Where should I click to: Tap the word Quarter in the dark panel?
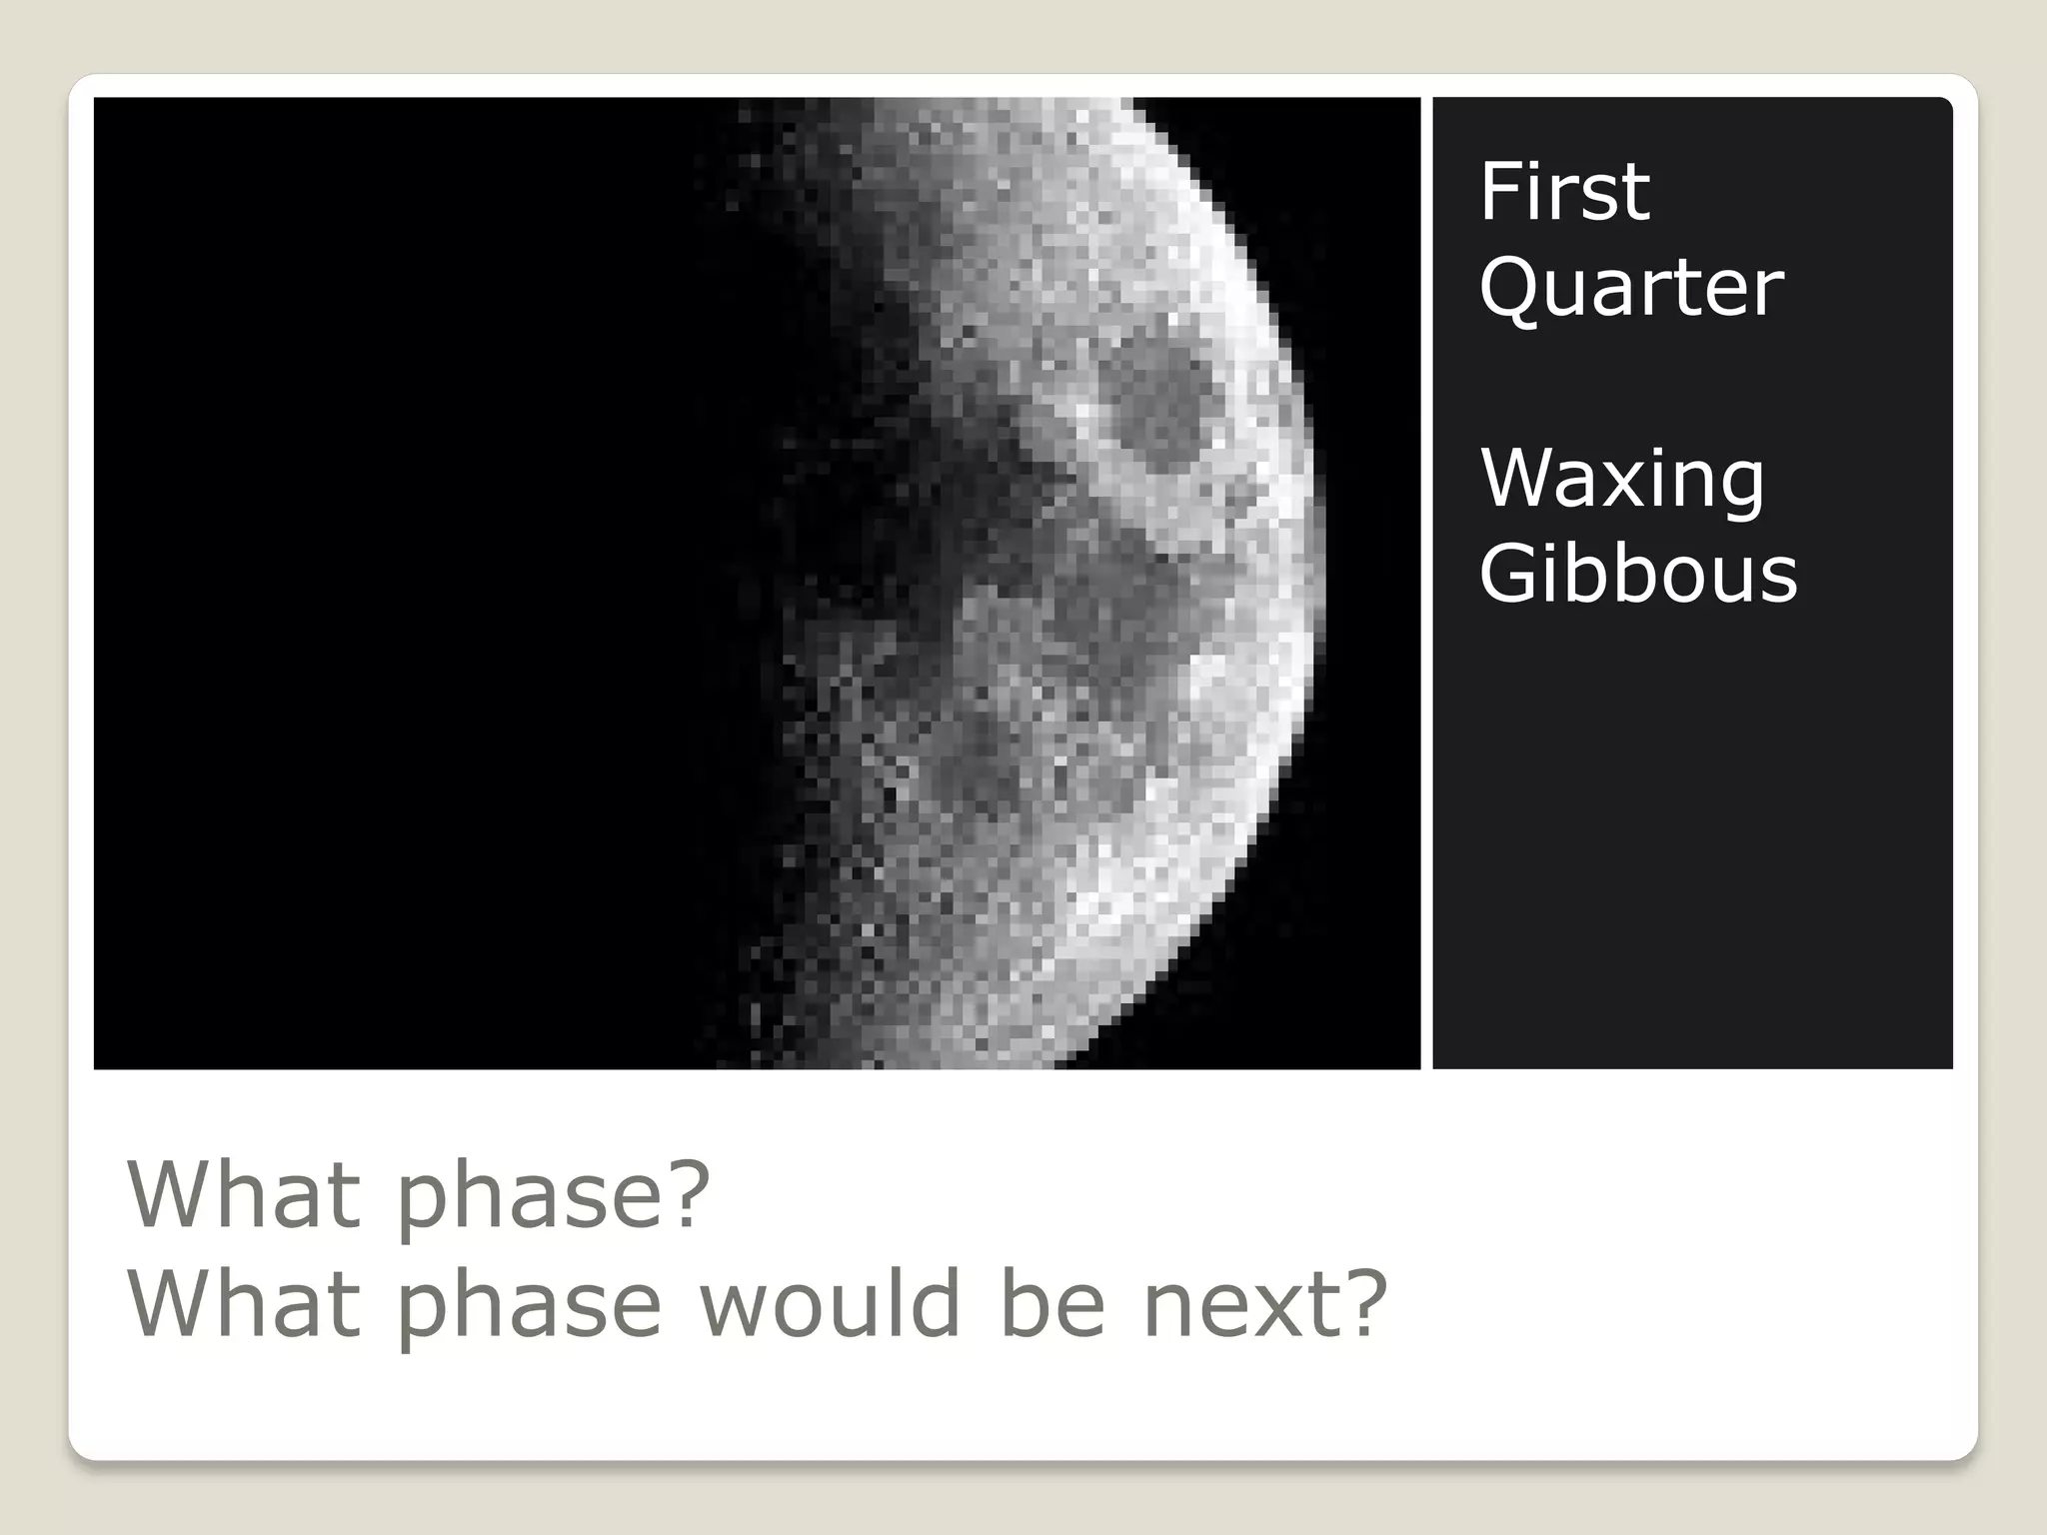[x=1630, y=288]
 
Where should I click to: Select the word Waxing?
[x=1621, y=479]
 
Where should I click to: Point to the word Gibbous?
[x=1637, y=574]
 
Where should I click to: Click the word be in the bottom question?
[x=1051, y=1303]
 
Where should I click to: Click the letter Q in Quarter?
[x=1513, y=288]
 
